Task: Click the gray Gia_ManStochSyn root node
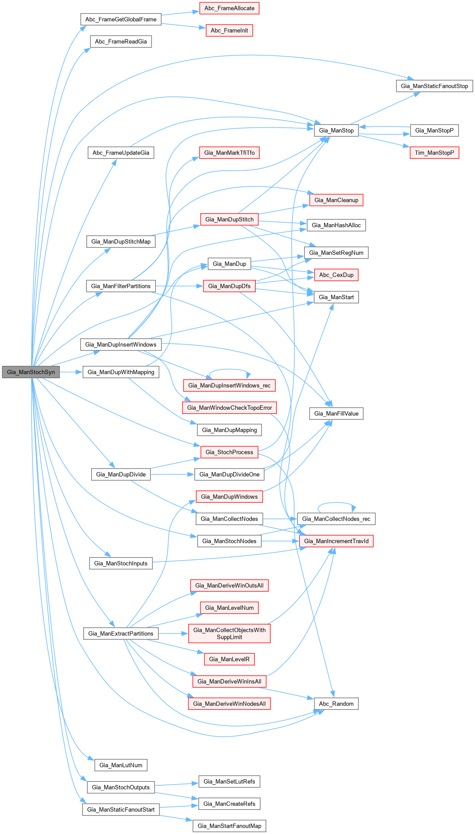point(31,372)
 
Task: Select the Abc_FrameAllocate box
point(229,8)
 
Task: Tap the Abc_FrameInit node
point(229,31)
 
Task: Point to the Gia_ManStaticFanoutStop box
point(434,86)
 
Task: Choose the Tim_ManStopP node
point(434,153)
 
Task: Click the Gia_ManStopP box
point(434,130)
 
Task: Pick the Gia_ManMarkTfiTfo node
point(229,153)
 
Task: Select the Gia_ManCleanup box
point(336,200)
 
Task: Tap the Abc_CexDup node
point(336,275)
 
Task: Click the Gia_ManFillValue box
point(336,413)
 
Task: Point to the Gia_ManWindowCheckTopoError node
point(229,408)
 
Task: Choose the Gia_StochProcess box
point(229,452)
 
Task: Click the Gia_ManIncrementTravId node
point(336,541)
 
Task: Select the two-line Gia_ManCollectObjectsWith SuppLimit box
point(229,634)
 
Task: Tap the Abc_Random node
point(336,704)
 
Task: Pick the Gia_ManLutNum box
point(121,765)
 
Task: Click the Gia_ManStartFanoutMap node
point(229,826)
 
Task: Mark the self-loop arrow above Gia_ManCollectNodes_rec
point(336,503)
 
